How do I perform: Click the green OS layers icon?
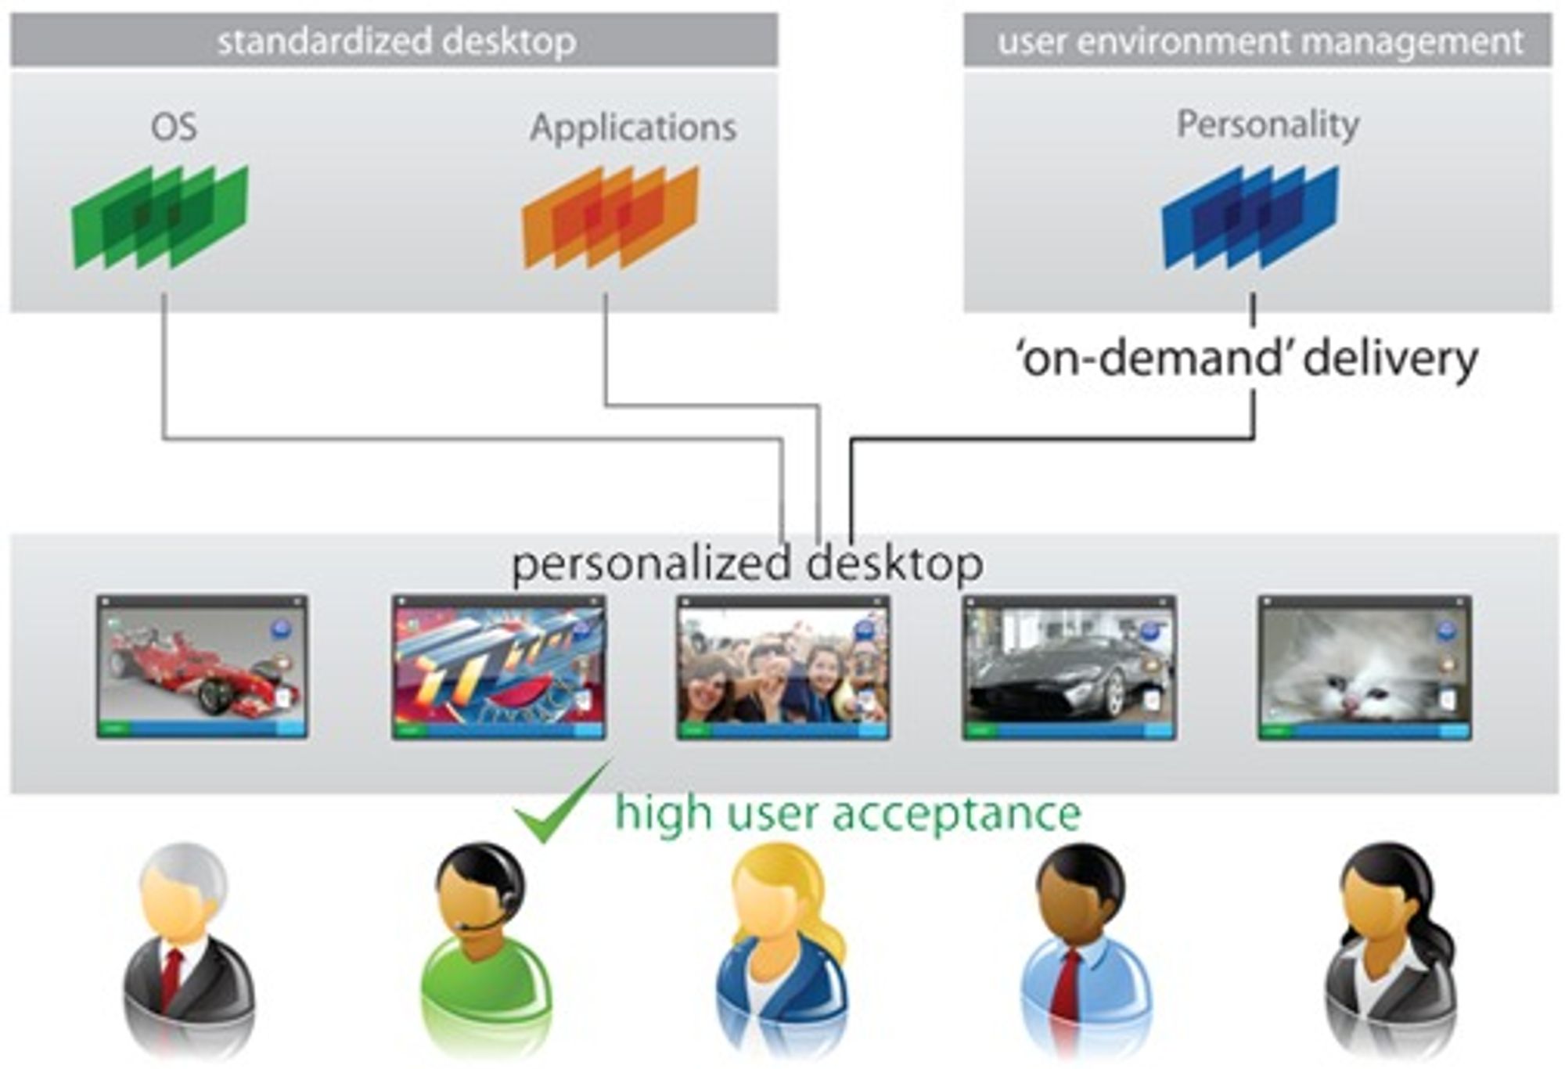click(160, 217)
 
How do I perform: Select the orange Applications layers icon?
click(610, 217)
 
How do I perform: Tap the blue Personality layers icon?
click(1250, 217)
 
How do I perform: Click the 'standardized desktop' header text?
click(397, 41)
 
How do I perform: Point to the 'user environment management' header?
click(1260, 41)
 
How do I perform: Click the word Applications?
click(633, 128)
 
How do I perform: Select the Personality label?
click(1268, 124)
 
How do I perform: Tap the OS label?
click(174, 128)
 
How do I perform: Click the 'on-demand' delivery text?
click(1246, 358)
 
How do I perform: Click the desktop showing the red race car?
click(202, 667)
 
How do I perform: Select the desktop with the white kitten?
click(1365, 667)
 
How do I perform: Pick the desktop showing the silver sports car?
click(1069, 667)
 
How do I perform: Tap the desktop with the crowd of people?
click(783, 667)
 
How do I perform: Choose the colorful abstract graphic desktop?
click(498, 667)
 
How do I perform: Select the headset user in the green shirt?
click(485, 947)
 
